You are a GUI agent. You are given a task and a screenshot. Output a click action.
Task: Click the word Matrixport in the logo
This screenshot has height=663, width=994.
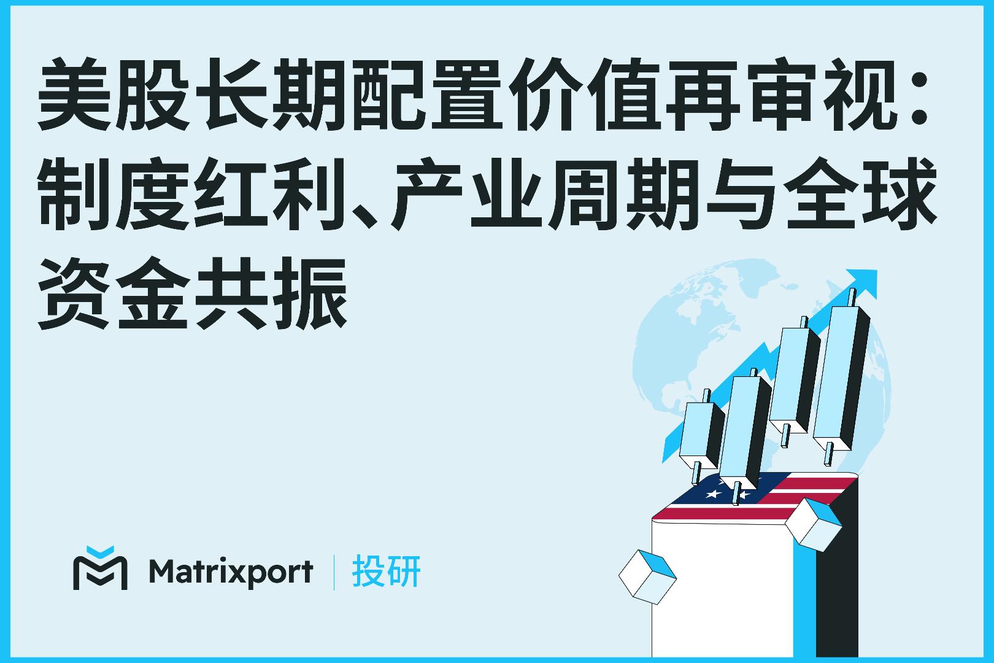(x=230, y=572)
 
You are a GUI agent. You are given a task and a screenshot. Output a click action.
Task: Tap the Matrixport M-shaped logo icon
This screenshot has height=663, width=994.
(x=100, y=568)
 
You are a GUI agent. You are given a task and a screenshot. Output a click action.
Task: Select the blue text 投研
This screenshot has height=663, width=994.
(x=387, y=572)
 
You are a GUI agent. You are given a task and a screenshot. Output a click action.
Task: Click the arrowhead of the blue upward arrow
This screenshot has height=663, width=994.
(x=863, y=282)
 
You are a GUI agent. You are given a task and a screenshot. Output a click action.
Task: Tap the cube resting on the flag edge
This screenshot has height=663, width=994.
(x=813, y=524)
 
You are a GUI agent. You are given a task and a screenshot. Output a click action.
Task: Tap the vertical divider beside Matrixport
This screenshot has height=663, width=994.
(x=334, y=572)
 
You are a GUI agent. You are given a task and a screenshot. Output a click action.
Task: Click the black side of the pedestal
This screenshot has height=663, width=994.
(x=838, y=589)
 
